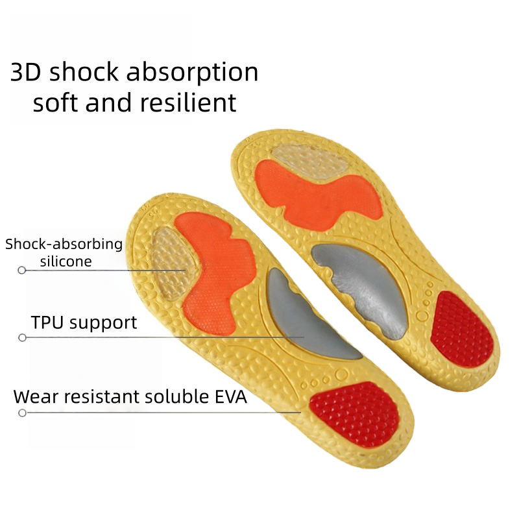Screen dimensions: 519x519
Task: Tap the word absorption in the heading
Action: (192, 73)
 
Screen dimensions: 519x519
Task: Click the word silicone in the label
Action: (66, 261)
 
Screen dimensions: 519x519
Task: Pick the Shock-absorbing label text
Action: (64, 245)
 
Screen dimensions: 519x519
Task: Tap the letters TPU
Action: (47, 322)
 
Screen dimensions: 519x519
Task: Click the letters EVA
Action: (230, 397)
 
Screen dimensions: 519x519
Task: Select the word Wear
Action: (35, 397)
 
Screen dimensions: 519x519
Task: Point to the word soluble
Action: (174, 397)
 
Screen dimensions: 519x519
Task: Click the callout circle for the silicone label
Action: (22, 270)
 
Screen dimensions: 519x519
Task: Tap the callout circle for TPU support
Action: (22, 337)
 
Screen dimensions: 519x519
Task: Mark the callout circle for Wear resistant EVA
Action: (22, 413)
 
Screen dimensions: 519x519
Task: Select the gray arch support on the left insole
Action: (305, 318)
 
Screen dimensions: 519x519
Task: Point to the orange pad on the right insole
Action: (311, 191)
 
